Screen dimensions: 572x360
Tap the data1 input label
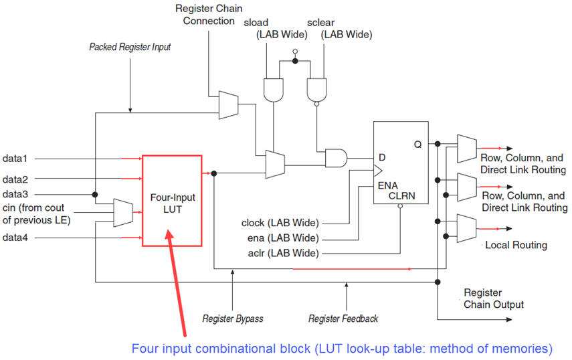(15, 159)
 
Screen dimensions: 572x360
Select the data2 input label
(15, 179)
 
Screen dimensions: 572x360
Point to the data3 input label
(15, 194)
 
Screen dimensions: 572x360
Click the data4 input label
(15, 238)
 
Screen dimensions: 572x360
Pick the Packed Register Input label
(130, 47)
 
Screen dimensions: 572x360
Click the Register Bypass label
(233, 319)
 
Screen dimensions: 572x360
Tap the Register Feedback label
(343, 319)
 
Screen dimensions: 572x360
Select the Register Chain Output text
(494, 298)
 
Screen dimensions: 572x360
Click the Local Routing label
(516, 245)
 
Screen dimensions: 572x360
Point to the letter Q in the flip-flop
(417, 145)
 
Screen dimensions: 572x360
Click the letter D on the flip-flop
(382, 157)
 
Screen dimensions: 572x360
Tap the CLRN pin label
(401, 196)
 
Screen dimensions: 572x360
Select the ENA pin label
(388, 185)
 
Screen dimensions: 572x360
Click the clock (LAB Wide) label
(280, 223)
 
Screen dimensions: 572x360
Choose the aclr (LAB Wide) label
(283, 253)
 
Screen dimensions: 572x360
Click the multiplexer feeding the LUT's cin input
(123, 213)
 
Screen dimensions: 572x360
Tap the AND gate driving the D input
(336, 158)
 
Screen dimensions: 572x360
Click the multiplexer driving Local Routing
(466, 228)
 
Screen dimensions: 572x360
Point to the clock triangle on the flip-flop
(378, 171)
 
